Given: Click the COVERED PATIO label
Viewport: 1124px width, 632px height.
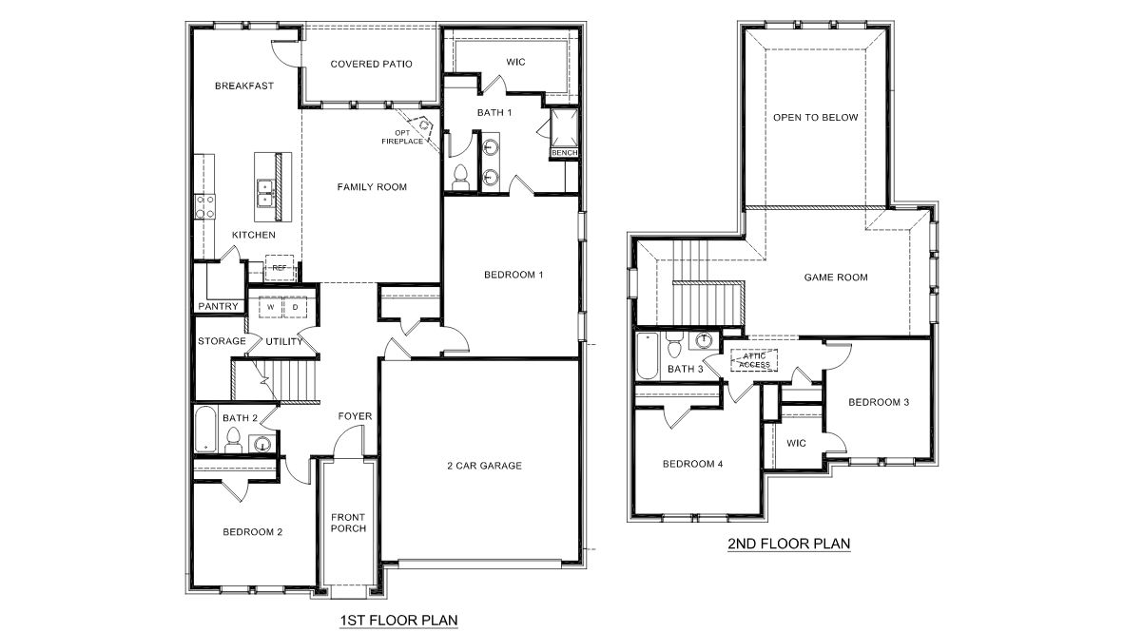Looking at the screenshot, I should [x=371, y=65].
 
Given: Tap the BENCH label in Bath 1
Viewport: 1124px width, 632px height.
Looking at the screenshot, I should [x=564, y=152].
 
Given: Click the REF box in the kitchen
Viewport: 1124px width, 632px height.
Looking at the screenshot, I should [x=279, y=268].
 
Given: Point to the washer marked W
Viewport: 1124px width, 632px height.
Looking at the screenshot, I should [x=270, y=308].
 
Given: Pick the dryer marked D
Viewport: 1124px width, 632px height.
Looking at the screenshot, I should [x=295, y=308].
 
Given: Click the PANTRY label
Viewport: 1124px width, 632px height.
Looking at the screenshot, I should [x=218, y=307].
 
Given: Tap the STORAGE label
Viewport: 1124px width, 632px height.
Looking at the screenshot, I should [x=222, y=341].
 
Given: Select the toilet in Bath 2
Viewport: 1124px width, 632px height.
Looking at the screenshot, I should [x=231, y=439].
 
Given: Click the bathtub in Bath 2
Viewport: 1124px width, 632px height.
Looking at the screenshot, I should [x=205, y=430].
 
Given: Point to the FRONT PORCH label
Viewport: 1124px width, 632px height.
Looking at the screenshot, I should [x=348, y=524].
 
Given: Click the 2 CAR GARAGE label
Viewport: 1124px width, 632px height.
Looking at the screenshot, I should [x=484, y=466].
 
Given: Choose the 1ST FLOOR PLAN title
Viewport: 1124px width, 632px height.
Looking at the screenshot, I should [x=398, y=621].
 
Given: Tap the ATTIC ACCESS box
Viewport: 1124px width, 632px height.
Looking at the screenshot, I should [x=754, y=359].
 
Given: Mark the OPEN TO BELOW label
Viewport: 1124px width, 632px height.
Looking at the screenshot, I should [x=815, y=118].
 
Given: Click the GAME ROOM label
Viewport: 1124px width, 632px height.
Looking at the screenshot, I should [x=836, y=278].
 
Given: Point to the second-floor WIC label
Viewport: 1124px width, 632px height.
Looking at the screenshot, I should [x=796, y=443].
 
